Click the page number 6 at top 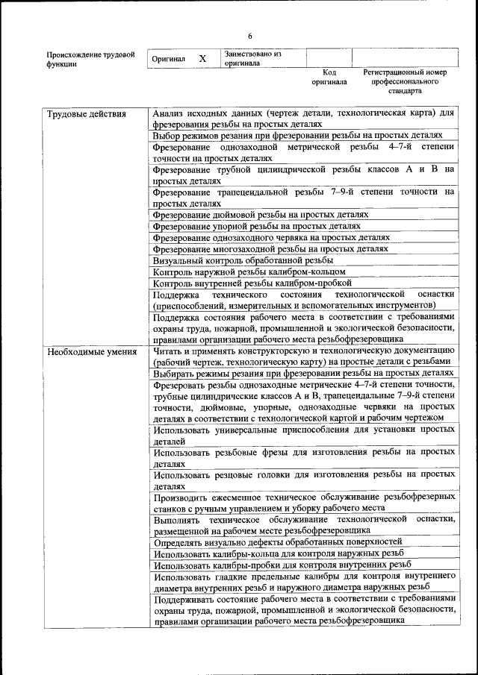250,37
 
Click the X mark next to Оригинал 202,58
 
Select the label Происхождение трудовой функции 90,59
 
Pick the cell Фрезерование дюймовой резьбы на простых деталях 260,214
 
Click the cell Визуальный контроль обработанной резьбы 243,260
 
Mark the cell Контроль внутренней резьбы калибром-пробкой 252,283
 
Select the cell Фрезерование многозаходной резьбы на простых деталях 270,248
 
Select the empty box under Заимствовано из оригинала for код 329,58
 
